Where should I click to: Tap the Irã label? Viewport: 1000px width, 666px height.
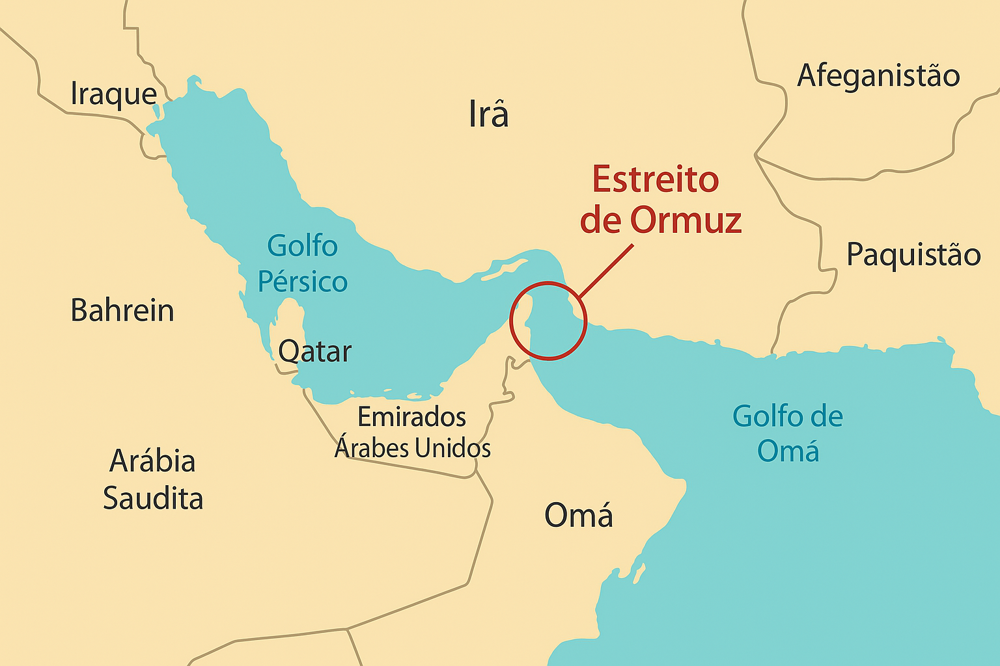click(488, 114)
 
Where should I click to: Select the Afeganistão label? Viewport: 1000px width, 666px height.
click(878, 76)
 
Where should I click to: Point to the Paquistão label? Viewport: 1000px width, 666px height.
click(913, 254)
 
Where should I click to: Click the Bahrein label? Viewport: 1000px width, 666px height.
click(122, 311)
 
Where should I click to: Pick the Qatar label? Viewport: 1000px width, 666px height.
click(315, 353)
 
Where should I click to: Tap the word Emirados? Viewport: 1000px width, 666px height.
click(412, 417)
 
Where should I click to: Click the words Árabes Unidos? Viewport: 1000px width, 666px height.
click(413, 448)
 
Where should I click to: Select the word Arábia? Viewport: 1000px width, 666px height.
click(152, 461)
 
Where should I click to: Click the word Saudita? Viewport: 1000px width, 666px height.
click(153, 499)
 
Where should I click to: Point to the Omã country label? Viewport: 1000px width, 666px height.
click(578, 516)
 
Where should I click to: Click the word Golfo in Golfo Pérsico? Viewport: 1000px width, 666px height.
click(303, 246)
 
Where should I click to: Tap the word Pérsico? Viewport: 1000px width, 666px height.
click(303, 282)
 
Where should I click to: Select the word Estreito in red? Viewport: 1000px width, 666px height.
click(656, 180)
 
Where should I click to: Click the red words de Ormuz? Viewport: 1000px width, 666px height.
click(661, 220)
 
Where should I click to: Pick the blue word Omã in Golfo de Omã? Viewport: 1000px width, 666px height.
click(788, 451)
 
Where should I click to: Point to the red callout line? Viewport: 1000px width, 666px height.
click(605, 271)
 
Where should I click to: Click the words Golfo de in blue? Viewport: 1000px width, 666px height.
click(788, 416)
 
